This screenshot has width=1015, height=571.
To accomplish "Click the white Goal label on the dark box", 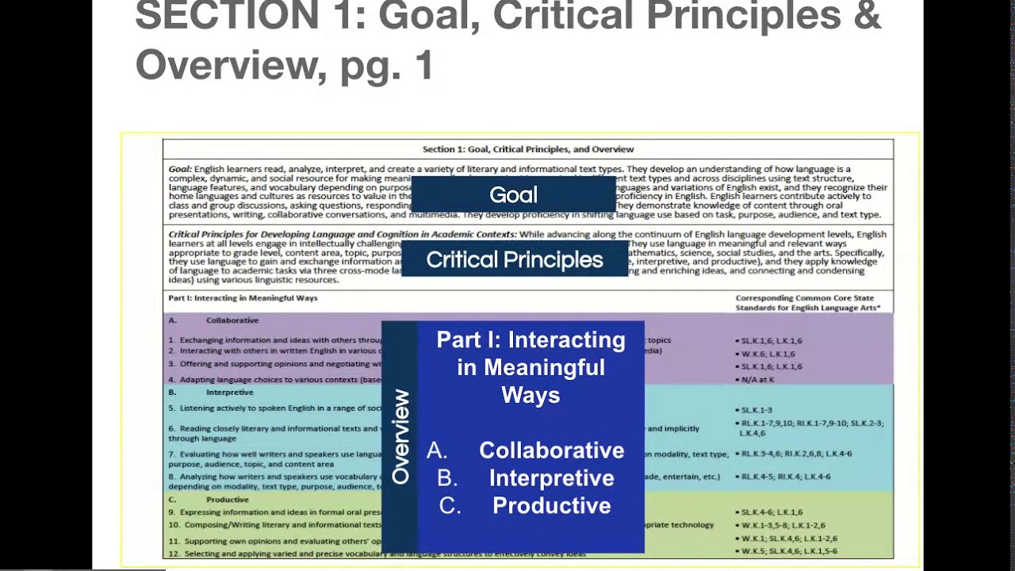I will click(x=513, y=195).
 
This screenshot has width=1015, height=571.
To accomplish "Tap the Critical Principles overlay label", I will click(x=515, y=260).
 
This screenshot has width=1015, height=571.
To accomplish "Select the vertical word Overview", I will click(x=400, y=436).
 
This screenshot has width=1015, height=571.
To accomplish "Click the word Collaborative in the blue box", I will click(x=551, y=450).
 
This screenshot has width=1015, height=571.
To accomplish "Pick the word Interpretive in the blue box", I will click(x=551, y=478).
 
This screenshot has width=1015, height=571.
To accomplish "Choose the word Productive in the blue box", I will click(x=551, y=506).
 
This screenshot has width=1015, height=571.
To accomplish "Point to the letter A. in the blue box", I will click(x=437, y=450).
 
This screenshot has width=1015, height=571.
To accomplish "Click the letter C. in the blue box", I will click(x=450, y=506).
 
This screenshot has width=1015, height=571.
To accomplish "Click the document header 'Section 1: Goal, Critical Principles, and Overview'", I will click(x=528, y=149).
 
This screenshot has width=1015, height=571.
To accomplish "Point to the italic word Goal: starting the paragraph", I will click(x=180, y=169).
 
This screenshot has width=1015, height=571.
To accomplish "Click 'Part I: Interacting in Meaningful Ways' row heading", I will click(x=243, y=298).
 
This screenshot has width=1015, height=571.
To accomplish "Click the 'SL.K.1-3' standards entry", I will click(x=756, y=410).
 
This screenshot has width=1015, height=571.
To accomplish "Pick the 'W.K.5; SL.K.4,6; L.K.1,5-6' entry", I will click(x=788, y=551).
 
